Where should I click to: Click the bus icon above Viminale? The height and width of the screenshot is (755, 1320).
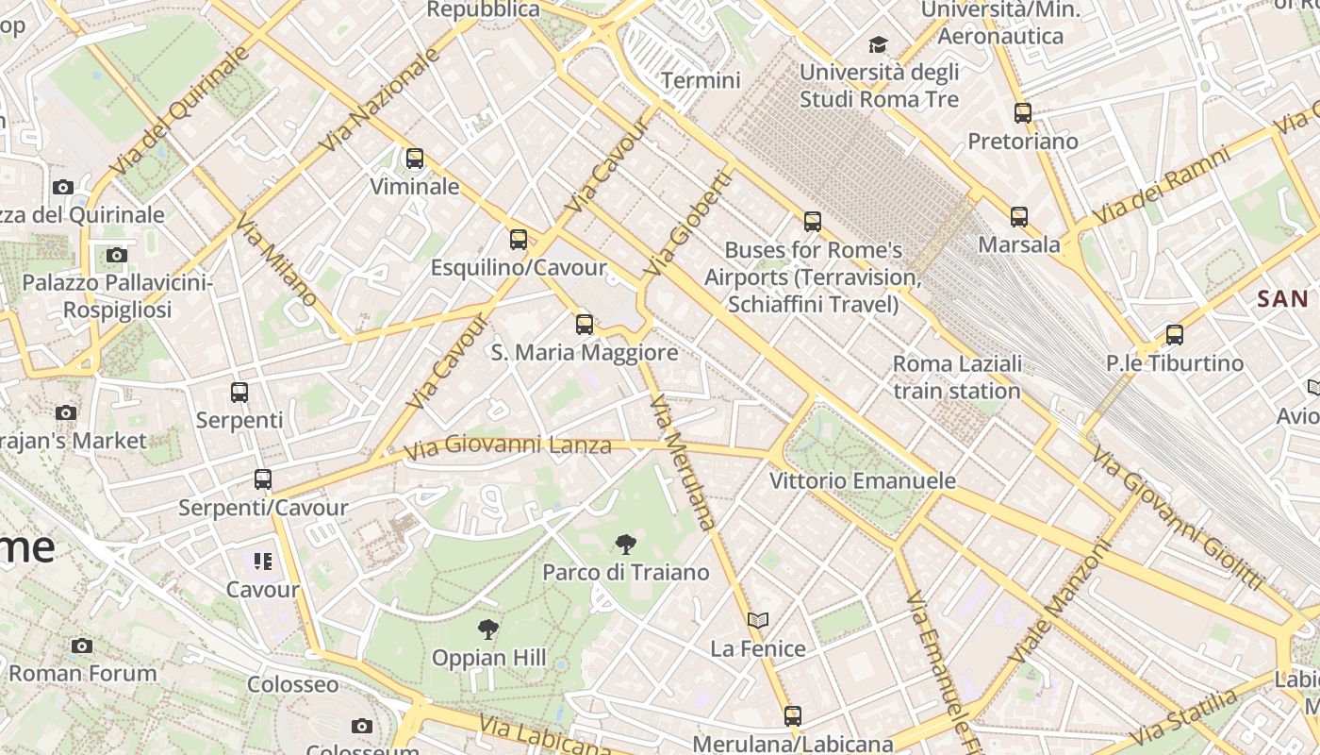pyautogui.click(x=415, y=159)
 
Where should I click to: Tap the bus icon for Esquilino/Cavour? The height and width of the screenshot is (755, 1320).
pyautogui.click(x=519, y=240)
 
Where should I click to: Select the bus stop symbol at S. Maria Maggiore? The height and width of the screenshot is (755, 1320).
pyautogui.click(x=585, y=325)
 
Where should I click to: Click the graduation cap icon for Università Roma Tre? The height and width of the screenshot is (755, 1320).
pyautogui.click(x=879, y=44)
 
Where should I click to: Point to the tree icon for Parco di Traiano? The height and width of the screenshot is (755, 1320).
pyautogui.click(x=625, y=545)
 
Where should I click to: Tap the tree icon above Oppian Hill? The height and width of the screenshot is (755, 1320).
pyautogui.click(x=488, y=629)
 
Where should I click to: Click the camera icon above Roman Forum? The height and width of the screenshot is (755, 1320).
pyautogui.click(x=82, y=646)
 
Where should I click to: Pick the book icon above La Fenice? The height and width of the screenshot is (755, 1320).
pyautogui.click(x=758, y=620)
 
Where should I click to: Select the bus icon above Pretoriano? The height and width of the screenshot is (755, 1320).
pyautogui.click(x=1023, y=113)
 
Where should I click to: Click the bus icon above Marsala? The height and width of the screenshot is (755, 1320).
pyautogui.click(x=1019, y=217)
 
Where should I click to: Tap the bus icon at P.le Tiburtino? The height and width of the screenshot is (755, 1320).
pyautogui.click(x=1175, y=335)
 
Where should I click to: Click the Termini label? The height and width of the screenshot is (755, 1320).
pyautogui.click(x=701, y=80)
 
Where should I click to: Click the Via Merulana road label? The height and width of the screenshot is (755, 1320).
pyautogui.click(x=684, y=462)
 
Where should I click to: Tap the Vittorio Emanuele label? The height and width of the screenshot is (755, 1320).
pyautogui.click(x=863, y=481)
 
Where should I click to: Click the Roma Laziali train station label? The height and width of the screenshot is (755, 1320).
pyautogui.click(x=957, y=377)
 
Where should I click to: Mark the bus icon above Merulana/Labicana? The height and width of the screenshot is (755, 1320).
pyautogui.click(x=793, y=716)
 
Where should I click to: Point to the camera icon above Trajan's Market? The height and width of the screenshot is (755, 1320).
pyautogui.click(x=66, y=412)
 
